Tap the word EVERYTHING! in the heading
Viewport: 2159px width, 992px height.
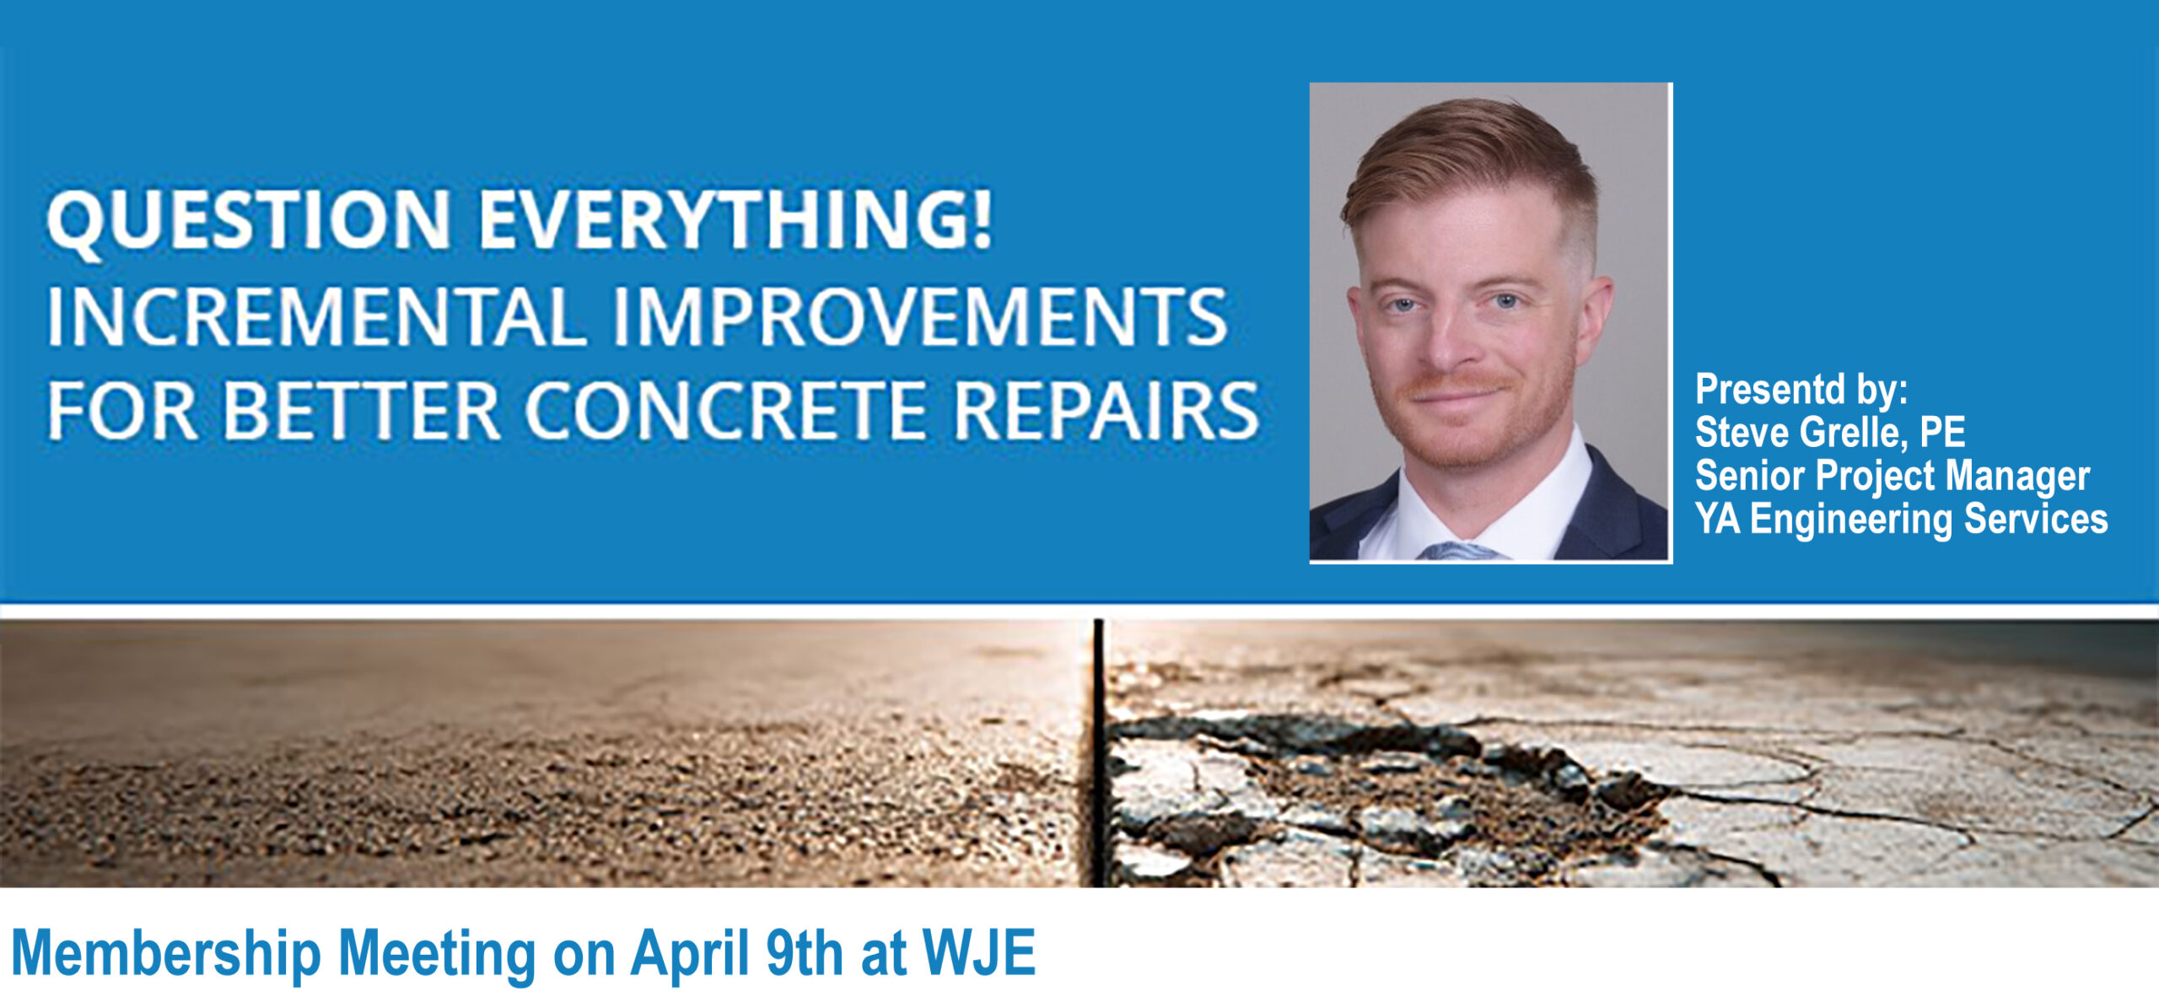click(x=736, y=219)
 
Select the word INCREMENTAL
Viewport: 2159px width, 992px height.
click(x=316, y=316)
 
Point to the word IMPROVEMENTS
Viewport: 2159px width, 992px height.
click(x=919, y=316)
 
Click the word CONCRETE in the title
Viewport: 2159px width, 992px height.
click(x=726, y=411)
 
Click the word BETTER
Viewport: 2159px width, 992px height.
click(x=361, y=411)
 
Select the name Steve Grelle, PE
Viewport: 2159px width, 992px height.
click(x=1830, y=433)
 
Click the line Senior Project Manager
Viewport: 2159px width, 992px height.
click(x=1892, y=477)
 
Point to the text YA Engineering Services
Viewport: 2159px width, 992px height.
click(x=1902, y=520)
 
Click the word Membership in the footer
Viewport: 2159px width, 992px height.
click(x=166, y=954)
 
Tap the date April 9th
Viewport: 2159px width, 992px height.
click(x=736, y=952)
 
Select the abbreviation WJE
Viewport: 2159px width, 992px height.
click(x=979, y=952)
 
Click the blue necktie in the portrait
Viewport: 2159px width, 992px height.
click(x=1459, y=551)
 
